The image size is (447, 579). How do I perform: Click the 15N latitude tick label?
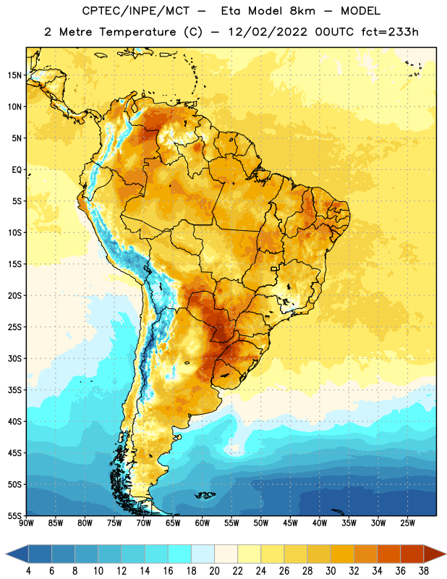coord(14,75)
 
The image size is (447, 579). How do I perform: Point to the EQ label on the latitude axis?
coord(17,170)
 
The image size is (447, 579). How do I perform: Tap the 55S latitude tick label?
coord(14,515)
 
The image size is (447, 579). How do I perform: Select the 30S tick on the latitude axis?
coord(14,358)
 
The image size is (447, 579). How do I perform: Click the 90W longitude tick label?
coord(26,523)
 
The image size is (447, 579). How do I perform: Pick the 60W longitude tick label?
coord(203,523)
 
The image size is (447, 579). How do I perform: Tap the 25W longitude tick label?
coord(407,523)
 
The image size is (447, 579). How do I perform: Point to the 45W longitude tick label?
coord(290,523)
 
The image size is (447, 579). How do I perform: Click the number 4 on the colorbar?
coord(28,571)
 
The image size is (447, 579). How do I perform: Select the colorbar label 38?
coord(424,571)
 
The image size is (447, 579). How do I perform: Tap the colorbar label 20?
coord(214,571)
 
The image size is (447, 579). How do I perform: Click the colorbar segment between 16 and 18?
coord(180,554)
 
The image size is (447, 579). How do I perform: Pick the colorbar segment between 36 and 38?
coord(412,554)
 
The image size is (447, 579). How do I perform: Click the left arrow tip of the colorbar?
coord(6,554)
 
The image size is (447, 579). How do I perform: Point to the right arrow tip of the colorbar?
coord(446,554)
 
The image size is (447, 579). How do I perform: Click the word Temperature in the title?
coord(137,32)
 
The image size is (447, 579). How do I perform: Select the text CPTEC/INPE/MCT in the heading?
coord(135,11)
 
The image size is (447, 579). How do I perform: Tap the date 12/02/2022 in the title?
coord(268,32)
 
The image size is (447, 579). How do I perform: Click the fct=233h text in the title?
coord(390,32)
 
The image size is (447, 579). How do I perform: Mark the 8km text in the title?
coord(302,11)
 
